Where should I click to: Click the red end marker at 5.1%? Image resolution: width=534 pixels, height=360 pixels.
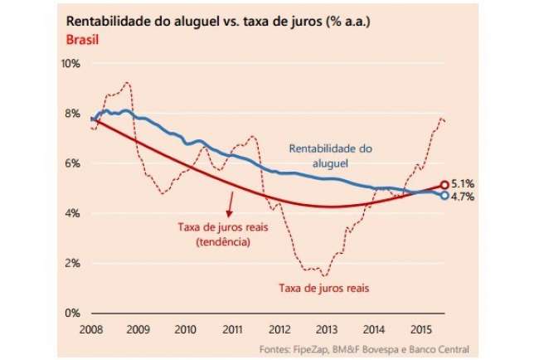pyautogui.click(x=444, y=185)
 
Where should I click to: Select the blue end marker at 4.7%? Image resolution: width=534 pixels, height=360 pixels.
pyautogui.click(x=444, y=196)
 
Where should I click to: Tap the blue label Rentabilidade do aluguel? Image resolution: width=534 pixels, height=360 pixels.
pyautogui.click(x=332, y=156)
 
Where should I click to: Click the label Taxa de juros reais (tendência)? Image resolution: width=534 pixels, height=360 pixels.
pyautogui.click(x=217, y=234)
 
